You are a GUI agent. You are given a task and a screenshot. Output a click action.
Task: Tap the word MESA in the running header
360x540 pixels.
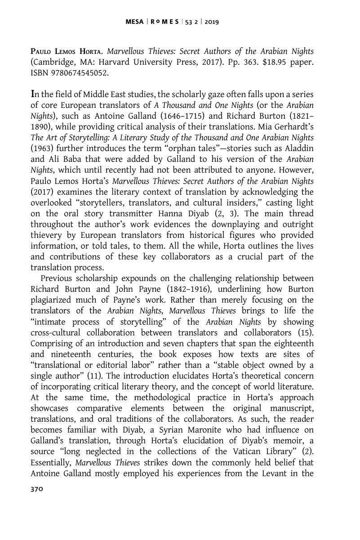[134, 21]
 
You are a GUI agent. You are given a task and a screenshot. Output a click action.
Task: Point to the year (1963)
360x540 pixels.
[41, 148]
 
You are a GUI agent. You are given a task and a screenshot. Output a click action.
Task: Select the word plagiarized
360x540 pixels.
[52, 300]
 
